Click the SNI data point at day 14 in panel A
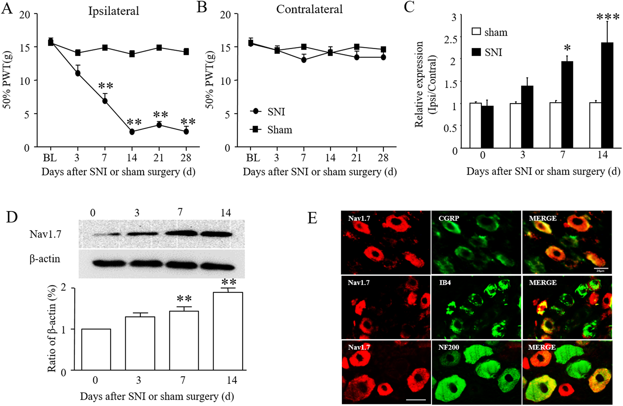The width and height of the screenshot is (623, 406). (132, 132)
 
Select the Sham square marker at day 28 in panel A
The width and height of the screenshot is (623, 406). (186, 51)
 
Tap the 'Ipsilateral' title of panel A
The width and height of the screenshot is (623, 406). (113, 11)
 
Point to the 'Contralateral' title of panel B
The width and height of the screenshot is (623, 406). (309, 9)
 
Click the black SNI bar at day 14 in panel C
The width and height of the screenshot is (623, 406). (607, 95)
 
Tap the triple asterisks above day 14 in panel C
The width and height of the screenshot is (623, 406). (608, 17)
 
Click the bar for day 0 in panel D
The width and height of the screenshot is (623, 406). (96, 349)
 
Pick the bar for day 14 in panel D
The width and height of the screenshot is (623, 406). (228, 331)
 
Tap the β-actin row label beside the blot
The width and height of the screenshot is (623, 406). (45, 259)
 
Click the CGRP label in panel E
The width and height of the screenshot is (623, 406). (449, 218)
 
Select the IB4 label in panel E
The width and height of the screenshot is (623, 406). (445, 282)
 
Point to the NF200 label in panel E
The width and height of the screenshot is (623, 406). (449, 347)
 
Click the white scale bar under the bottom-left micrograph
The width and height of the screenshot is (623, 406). (416, 399)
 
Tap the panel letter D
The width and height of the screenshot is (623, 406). (12, 217)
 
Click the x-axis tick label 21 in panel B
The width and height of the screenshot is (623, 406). (356, 158)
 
